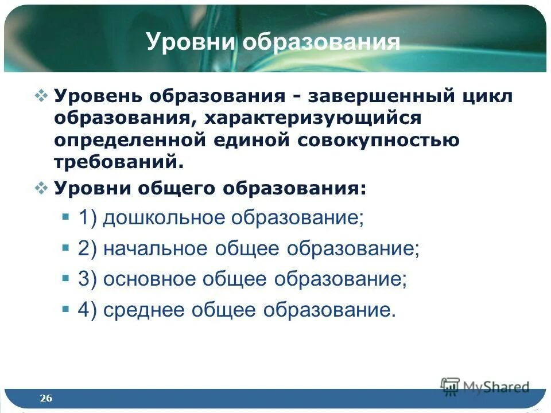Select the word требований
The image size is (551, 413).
coord(119,162)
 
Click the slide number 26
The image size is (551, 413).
coord(46,398)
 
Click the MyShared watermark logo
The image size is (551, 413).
coord(484,387)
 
